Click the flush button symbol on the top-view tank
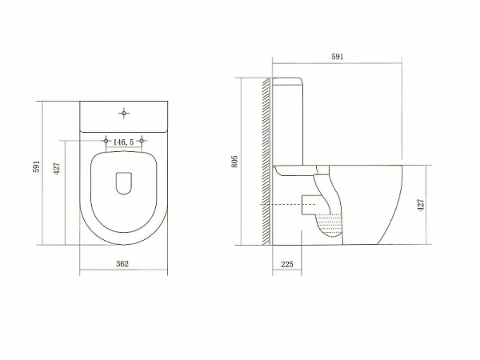click(123, 112)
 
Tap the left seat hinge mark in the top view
click(106, 141)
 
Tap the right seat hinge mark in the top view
click(142, 141)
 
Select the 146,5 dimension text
click(123, 142)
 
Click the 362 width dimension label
click(123, 263)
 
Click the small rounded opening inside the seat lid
click(123, 183)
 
